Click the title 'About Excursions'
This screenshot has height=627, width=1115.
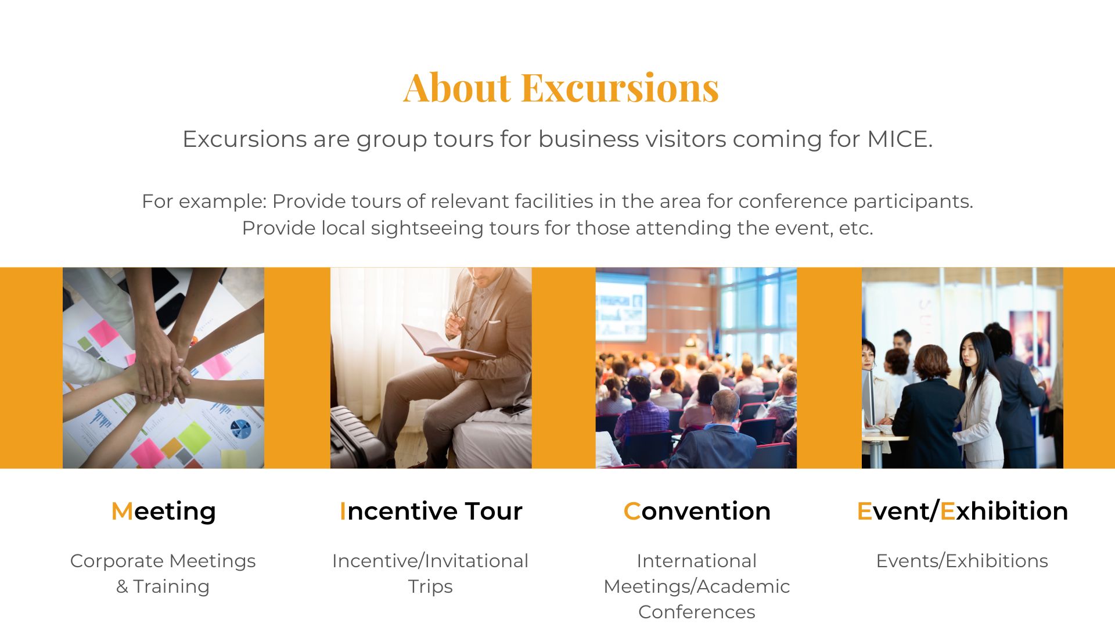(561, 88)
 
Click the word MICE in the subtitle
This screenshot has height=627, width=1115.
(899, 139)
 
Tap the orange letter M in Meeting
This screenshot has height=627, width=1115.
(122, 511)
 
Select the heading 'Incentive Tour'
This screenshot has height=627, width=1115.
(430, 511)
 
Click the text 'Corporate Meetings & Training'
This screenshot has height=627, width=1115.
(163, 573)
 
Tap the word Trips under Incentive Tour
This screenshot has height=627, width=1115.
(430, 586)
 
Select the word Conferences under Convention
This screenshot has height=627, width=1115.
(696, 612)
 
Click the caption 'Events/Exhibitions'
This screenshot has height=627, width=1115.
(962, 561)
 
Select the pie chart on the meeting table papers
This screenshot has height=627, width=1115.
(240, 429)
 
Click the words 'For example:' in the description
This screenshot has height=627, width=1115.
(204, 201)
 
